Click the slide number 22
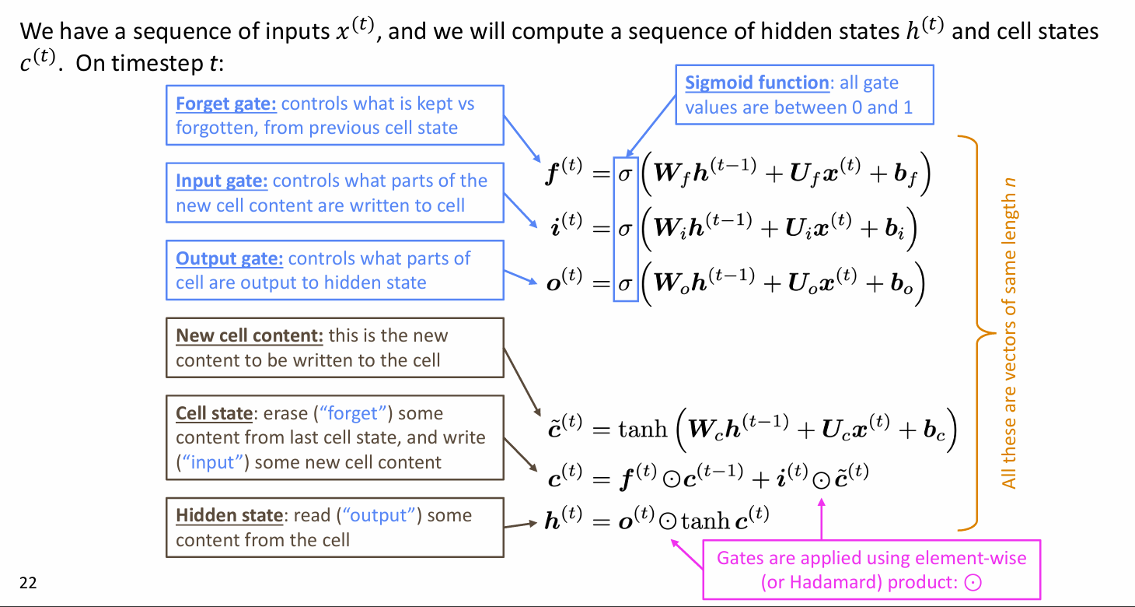point(28,583)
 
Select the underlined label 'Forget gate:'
point(226,104)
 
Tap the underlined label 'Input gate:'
point(222,181)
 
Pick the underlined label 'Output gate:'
point(229,258)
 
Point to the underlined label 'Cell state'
point(214,413)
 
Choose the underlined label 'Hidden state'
point(229,515)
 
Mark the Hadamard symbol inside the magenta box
point(969,582)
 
